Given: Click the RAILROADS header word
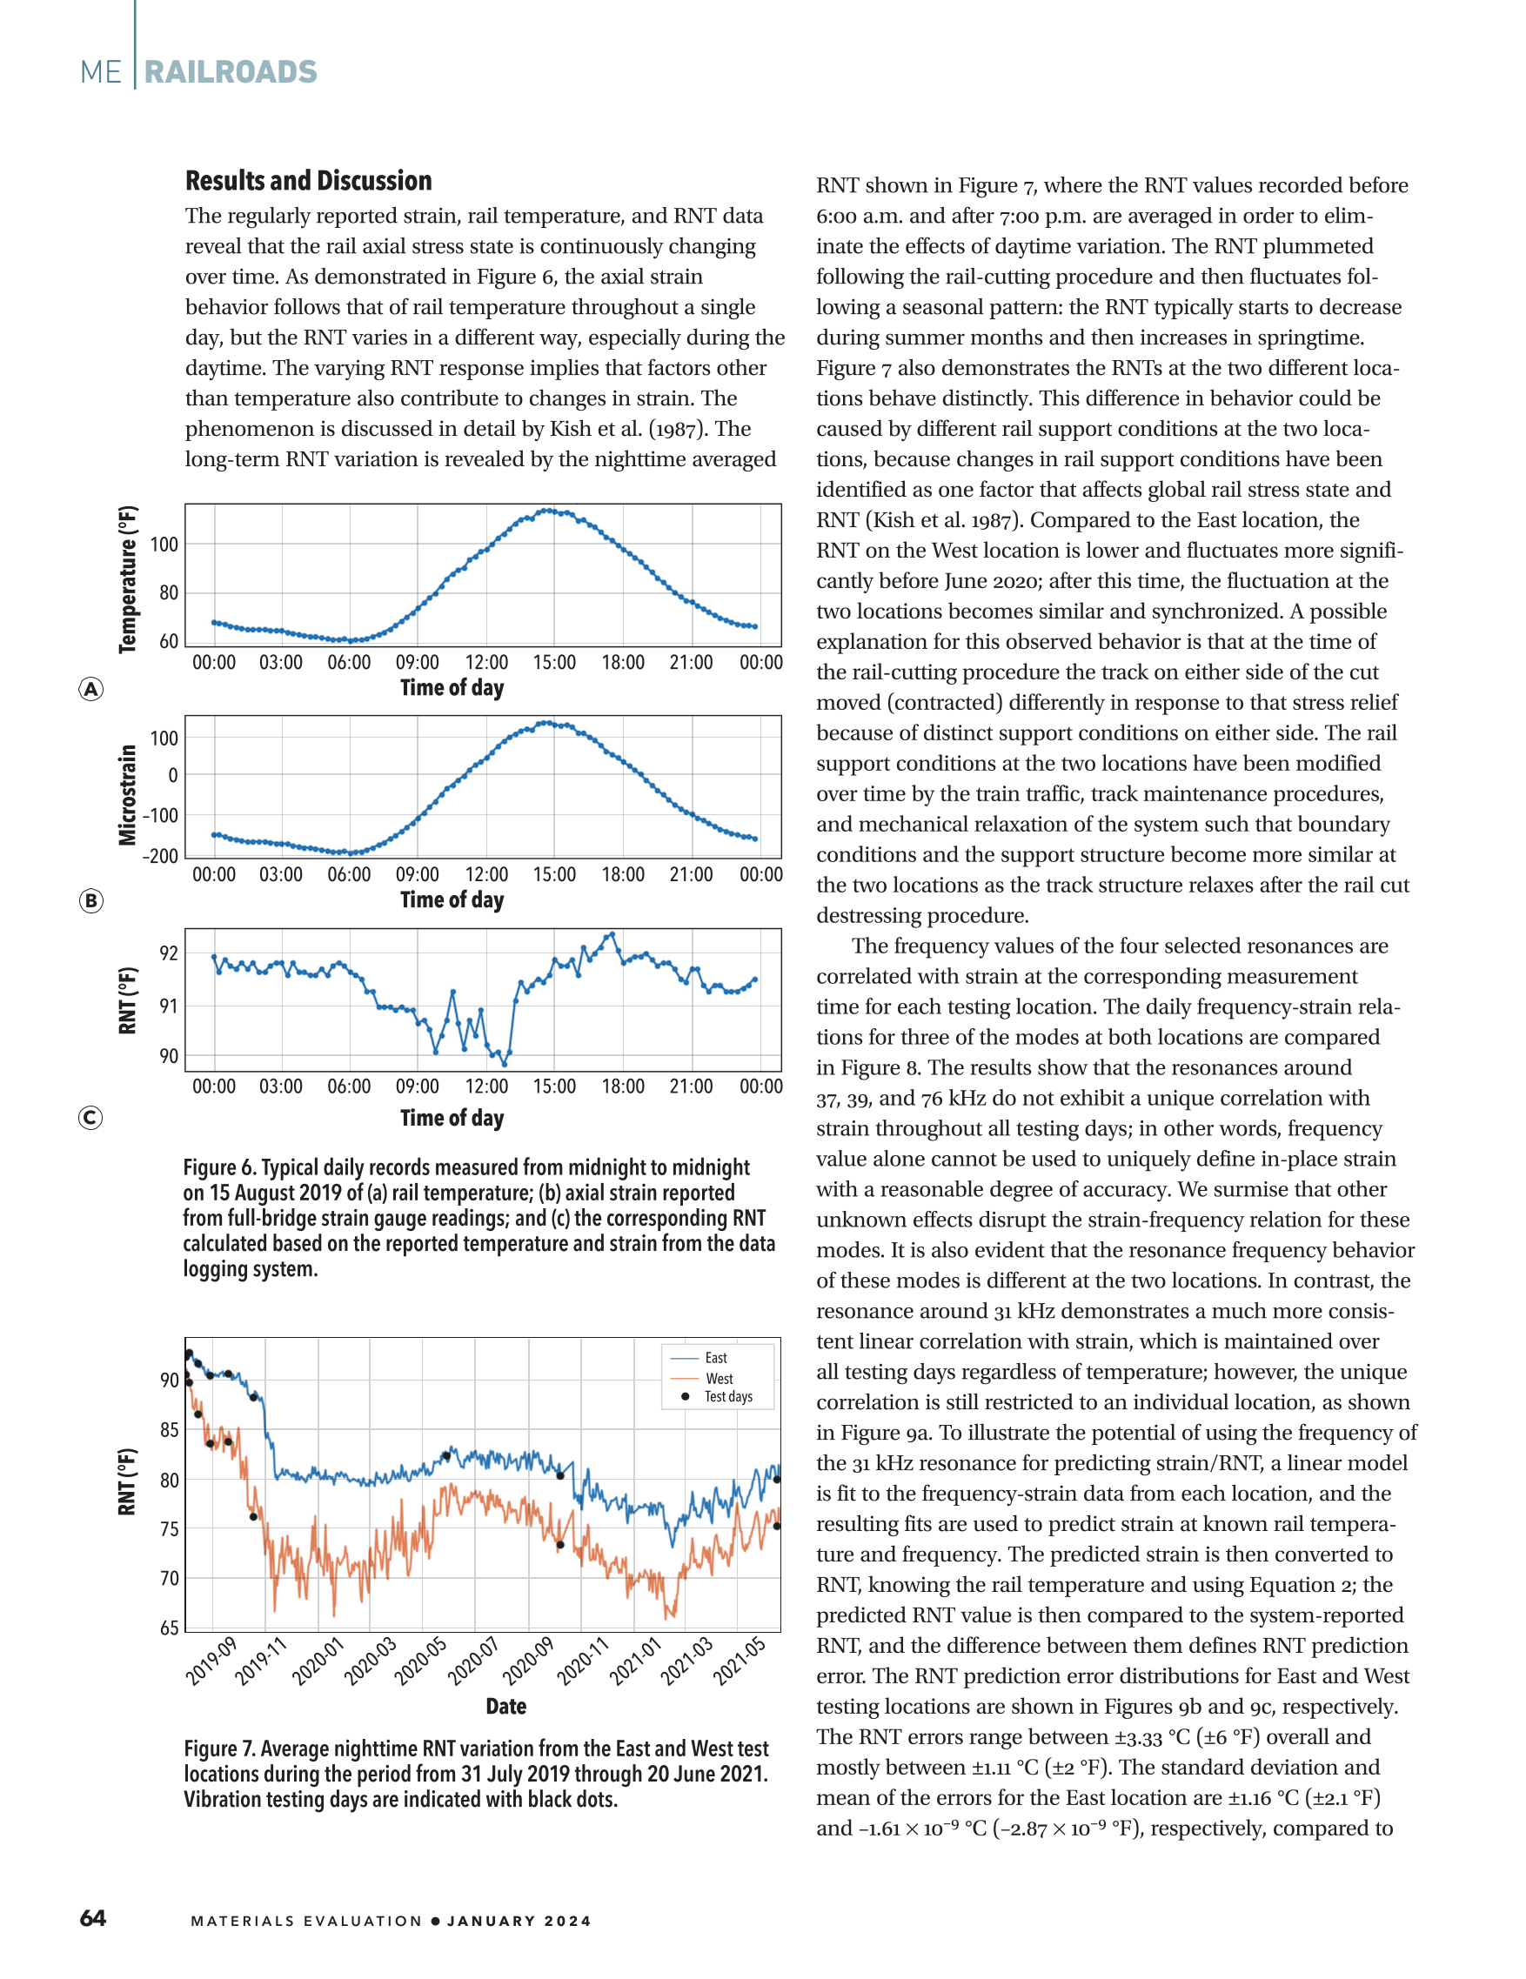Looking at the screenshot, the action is click(231, 72).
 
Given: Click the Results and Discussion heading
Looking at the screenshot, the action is click(309, 181).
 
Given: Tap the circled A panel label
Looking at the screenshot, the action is click(90, 690).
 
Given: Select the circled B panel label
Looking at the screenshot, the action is click(90, 900).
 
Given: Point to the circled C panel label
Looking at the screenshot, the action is click(90, 1117).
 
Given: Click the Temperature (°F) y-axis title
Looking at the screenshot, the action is click(128, 580).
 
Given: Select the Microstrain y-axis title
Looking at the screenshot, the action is click(128, 795).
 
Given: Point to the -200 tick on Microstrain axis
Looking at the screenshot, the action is click(160, 856).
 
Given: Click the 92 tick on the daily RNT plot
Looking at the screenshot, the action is click(169, 953).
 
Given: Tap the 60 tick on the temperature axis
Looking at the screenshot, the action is click(169, 642).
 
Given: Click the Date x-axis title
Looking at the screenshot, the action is click(505, 1706).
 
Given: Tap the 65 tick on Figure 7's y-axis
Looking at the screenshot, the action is click(169, 1628).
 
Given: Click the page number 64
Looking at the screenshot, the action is click(92, 1918).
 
